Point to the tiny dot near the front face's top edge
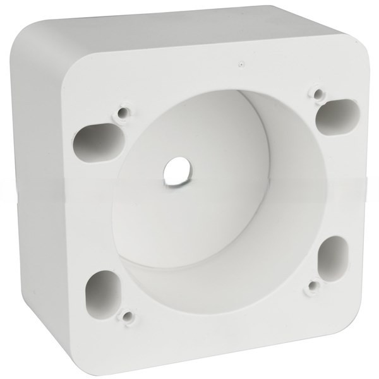241,63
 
